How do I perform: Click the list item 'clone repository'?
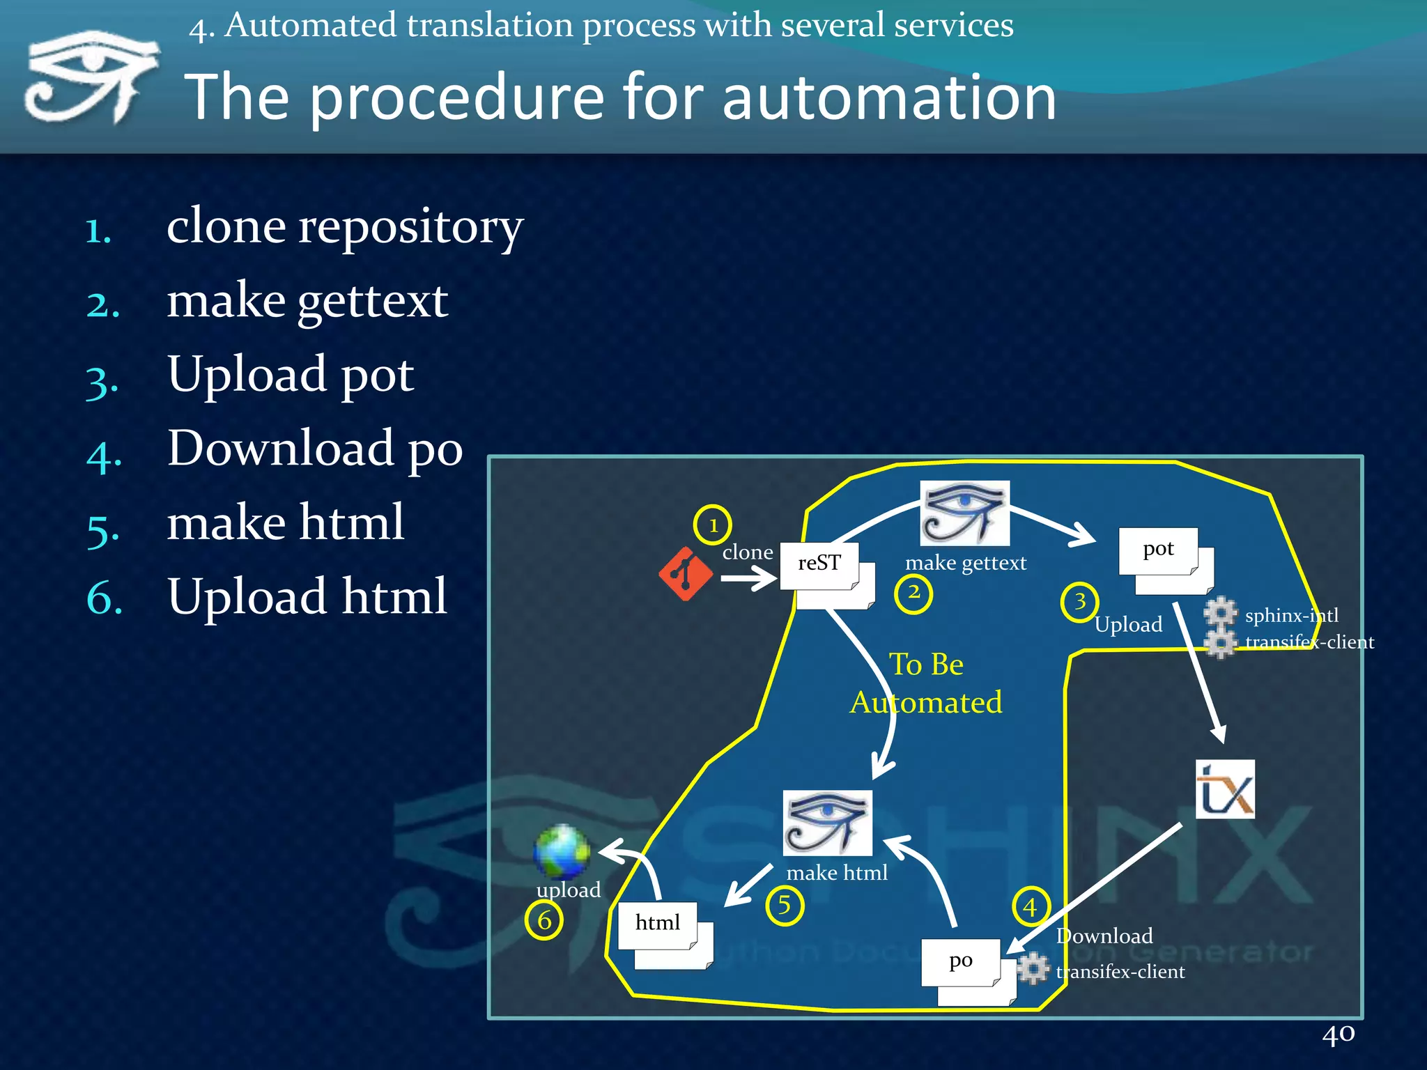pos(344,227)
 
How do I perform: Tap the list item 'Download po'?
pos(315,449)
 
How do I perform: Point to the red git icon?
pos(686,574)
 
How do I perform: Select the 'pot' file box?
pos(1159,550)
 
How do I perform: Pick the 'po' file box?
pos(962,962)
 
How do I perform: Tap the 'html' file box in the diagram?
pos(658,924)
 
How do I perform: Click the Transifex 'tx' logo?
pos(1225,789)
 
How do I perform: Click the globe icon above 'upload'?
pos(562,851)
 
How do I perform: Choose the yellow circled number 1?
pos(712,525)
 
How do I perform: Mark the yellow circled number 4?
pos(1030,906)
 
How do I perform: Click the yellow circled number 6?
pos(543,920)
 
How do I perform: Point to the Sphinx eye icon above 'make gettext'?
pos(964,513)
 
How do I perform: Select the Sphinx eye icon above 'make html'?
pos(827,823)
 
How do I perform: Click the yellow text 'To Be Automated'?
pos(926,683)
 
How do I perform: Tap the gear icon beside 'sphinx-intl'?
pos(1220,613)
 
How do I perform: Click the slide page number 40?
pos(1338,1034)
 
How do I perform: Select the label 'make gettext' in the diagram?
pos(966,563)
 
